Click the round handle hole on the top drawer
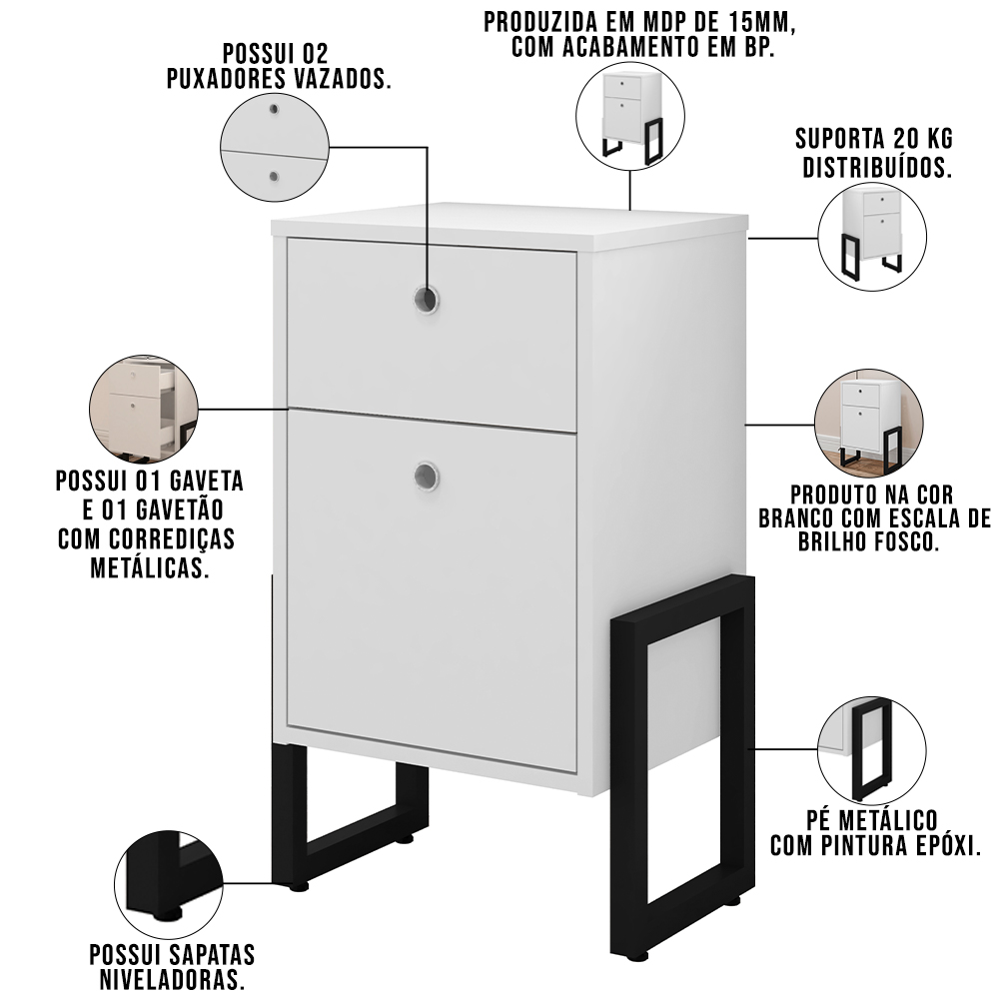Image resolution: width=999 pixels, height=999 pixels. click(426, 299)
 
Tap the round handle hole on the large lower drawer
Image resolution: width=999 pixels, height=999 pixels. click(426, 476)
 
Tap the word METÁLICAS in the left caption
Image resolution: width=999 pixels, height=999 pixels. click(151, 567)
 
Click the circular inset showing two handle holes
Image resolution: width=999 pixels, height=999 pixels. click(275, 148)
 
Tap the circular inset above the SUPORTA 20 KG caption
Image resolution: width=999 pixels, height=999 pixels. click(872, 237)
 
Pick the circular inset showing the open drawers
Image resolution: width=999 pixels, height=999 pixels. click(144, 409)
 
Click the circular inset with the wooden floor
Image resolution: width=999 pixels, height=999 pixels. click(869, 423)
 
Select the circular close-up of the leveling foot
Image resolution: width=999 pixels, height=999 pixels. click(169, 884)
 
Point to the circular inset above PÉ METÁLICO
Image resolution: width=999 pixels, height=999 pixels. click(872, 750)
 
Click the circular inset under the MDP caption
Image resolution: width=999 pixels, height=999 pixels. click(630, 116)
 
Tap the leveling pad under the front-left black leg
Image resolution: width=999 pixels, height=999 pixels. click(298, 885)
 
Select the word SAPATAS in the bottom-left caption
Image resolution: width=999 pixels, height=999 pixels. click(212, 954)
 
